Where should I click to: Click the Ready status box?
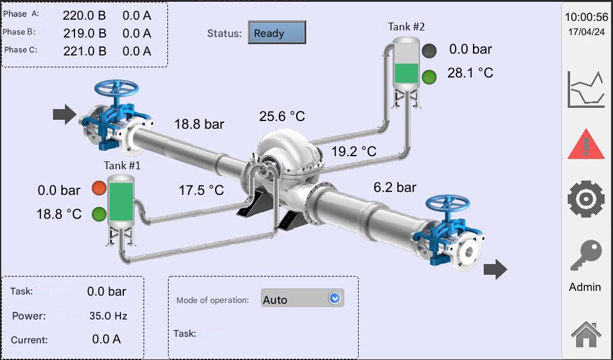coord(277,32)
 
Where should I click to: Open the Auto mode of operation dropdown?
coord(302,298)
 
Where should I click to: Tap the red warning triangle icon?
coord(586,144)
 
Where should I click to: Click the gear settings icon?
coord(586,198)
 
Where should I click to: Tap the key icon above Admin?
coord(586,255)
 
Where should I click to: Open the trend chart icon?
coord(586,89)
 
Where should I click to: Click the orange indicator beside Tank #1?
coord(99,188)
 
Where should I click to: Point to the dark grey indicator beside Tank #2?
coord(430,51)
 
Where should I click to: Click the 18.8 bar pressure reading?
coord(200,124)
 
